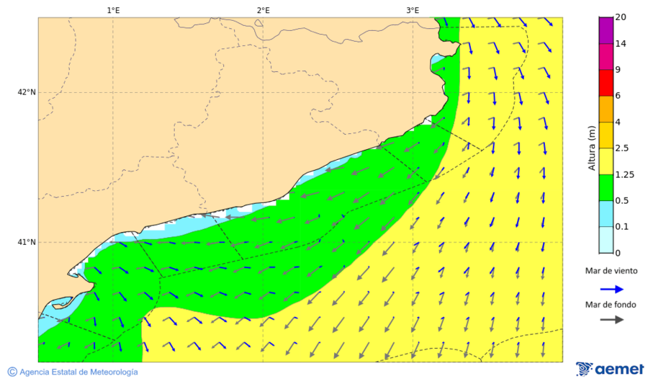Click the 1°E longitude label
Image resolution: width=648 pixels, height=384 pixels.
point(113,10)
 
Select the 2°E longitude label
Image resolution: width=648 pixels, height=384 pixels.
point(263,10)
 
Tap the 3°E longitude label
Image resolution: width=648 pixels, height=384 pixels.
point(413,10)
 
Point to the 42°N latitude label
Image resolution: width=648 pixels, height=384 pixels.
point(27,92)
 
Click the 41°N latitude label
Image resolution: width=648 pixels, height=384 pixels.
point(27,242)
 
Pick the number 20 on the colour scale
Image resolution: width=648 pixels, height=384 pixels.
point(621,18)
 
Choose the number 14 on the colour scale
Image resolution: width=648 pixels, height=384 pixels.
point(621,44)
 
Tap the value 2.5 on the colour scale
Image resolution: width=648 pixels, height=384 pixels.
point(622,148)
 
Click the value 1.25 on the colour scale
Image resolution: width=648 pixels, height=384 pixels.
point(624,174)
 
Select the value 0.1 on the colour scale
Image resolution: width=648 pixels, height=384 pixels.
point(621,227)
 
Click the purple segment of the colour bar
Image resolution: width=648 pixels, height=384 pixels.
point(605,30)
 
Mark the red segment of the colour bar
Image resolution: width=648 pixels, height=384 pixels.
point(605,83)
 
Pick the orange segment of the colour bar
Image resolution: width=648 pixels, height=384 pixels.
point(605,109)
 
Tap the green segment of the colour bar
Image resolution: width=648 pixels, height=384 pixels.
point(605,187)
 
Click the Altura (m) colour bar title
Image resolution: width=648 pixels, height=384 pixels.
point(592,148)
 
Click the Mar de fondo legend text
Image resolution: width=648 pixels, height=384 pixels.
point(611,305)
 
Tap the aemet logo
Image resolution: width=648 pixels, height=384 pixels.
point(610,369)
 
